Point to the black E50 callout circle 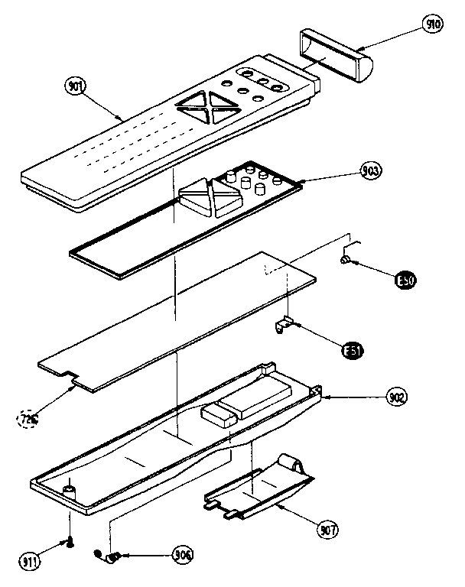[x=405, y=281]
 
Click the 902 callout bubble [x=396, y=397]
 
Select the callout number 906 [x=182, y=554]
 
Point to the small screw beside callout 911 [x=70, y=541]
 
